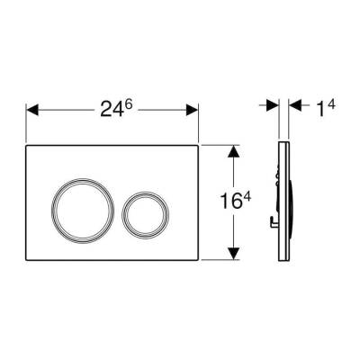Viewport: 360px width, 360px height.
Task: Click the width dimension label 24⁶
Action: tap(116, 108)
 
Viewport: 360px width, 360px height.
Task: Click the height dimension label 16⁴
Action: tap(235, 200)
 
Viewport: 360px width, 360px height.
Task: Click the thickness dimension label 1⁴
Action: tap(325, 108)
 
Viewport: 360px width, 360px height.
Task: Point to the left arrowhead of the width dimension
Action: tap(32, 110)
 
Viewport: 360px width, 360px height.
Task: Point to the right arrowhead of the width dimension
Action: tap(192, 110)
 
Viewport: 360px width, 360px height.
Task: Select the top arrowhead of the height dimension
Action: tap(233, 151)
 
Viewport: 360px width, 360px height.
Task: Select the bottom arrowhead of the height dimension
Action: tap(233, 254)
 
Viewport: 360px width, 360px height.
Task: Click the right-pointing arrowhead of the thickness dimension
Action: tap(273, 105)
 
